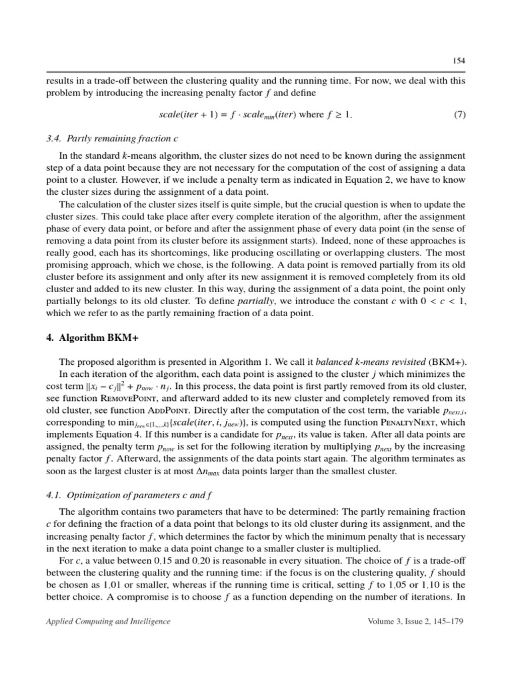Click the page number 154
point(459,60)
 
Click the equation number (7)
point(459,114)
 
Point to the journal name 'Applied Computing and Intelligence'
point(108,622)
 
